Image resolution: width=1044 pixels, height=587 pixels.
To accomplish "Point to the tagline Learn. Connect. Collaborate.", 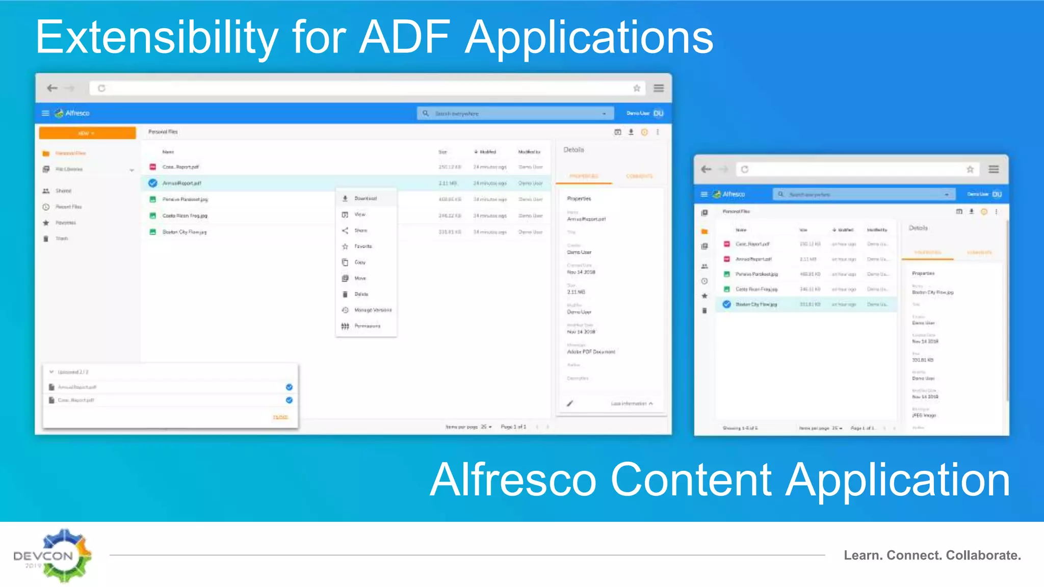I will coord(932,555).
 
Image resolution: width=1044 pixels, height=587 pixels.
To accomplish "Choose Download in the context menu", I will coord(365,199).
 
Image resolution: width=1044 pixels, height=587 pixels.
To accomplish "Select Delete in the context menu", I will coord(361,294).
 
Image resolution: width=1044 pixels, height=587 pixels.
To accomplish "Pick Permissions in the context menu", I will coord(367,326).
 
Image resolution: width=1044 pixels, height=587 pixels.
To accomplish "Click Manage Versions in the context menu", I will coord(373,310).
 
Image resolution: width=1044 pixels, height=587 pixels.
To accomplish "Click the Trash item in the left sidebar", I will coord(61,238).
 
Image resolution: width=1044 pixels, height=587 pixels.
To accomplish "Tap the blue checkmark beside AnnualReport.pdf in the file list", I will coord(152,183).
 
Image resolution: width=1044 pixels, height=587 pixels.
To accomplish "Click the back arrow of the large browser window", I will coord(52,88).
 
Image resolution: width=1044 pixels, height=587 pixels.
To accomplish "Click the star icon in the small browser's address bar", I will coord(970,169).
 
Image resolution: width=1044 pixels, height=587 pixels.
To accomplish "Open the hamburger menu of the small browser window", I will coord(994,169).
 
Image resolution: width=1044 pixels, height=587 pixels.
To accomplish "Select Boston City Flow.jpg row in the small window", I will coord(756,304).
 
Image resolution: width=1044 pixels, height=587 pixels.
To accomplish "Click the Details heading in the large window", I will coord(573,150).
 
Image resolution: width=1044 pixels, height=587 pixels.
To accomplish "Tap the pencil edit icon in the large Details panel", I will coord(570,404).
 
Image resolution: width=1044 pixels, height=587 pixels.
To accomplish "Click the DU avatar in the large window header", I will coord(658,113).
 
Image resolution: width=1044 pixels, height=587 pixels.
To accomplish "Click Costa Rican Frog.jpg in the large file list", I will coord(185,216).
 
